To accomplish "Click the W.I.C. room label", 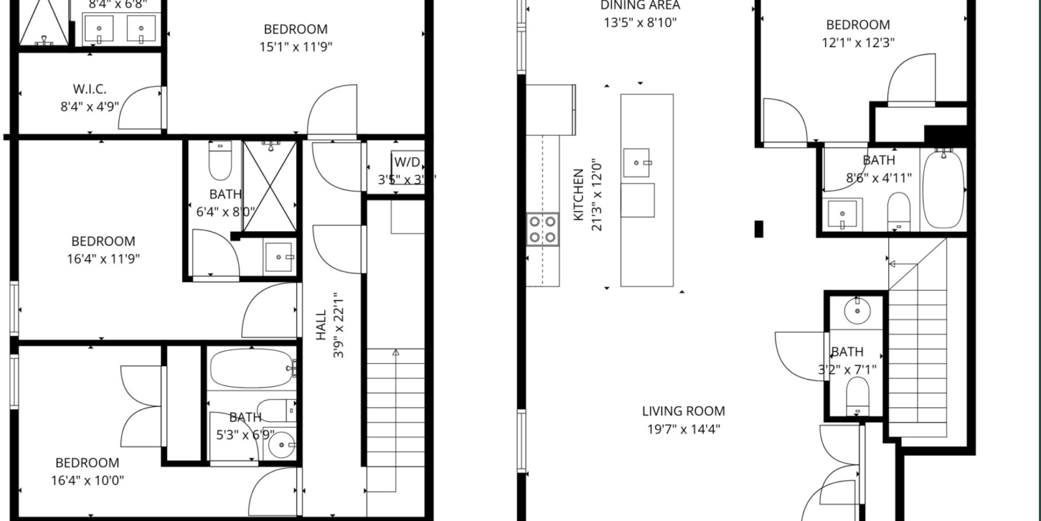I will (90, 89).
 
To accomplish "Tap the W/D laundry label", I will (407, 162).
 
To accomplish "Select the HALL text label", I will (321, 324).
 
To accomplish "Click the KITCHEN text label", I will (578, 195).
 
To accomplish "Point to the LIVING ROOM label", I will (683, 411).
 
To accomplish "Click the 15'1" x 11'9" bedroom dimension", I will (296, 47).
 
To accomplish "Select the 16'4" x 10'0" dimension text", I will (87, 481).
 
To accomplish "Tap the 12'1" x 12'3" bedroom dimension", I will (858, 43).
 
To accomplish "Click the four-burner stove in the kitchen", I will (543, 229).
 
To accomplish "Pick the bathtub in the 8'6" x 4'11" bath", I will (943, 188).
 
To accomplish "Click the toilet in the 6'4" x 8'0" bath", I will (220, 162).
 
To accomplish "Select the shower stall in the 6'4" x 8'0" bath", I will (269, 187).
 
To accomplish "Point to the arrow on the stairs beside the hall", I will (396, 353).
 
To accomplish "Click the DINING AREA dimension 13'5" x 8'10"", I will (640, 23).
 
